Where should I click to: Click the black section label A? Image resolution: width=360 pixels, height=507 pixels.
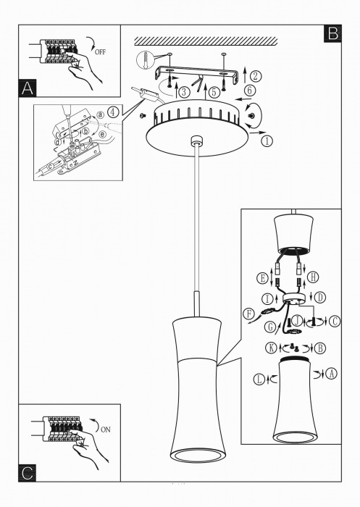(28, 88)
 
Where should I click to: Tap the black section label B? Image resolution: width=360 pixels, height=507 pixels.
(332, 33)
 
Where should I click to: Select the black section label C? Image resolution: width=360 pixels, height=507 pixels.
(28, 473)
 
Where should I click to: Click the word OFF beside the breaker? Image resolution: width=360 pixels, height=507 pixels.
(100, 51)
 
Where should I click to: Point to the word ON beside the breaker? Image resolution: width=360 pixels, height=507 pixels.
(106, 430)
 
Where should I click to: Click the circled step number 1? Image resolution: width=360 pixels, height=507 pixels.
(267, 141)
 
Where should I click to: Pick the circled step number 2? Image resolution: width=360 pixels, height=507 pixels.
(256, 76)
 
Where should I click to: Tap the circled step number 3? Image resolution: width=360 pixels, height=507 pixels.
(184, 92)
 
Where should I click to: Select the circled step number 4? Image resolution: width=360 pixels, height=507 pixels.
(113, 112)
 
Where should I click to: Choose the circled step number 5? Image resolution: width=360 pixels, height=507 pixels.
(214, 92)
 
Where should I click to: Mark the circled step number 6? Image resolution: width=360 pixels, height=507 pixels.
(249, 91)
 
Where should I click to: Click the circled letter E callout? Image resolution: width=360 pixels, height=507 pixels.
(262, 277)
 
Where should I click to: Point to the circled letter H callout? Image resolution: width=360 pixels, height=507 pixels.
(313, 277)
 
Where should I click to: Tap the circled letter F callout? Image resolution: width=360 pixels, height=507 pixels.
(249, 314)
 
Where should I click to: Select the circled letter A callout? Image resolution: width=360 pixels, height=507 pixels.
(331, 374)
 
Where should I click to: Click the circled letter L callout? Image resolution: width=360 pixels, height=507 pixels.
(259, 379)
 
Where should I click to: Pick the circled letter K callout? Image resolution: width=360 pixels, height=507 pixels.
(271, 348)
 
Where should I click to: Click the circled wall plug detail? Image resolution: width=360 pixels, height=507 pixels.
(145, 60)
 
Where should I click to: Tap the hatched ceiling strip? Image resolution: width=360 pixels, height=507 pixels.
(206, 41)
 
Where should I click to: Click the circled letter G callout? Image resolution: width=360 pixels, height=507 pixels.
(270, 327)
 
